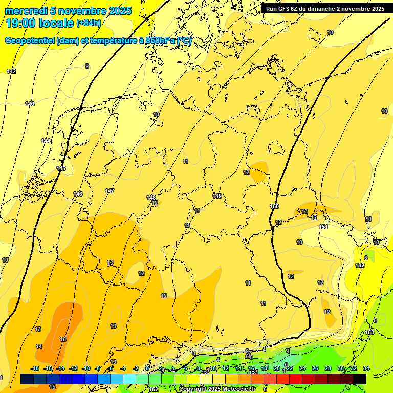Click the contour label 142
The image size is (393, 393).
pos(11,71)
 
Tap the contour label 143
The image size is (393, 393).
pos(30,104)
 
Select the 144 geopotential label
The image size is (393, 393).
pos(46,141)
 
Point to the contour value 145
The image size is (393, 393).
pos(61,168)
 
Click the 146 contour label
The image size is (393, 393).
pos(78,194)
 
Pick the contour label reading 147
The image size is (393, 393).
pos(110,191)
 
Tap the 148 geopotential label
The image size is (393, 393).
pos(151,198)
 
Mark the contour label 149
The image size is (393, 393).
pos(217,196)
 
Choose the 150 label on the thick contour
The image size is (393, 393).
pos(274,206)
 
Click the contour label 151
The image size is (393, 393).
pos(323,227)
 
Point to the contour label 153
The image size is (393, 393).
pos(369,332)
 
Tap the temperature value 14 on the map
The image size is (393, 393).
pos(39,346)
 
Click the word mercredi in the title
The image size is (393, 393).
pos(26,11)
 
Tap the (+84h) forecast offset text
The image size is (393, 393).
pos(89,23)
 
